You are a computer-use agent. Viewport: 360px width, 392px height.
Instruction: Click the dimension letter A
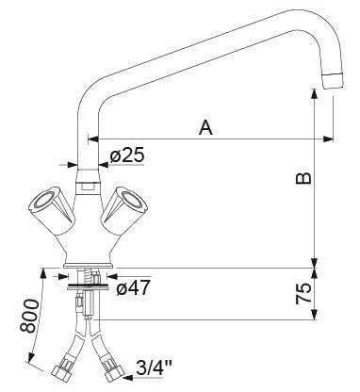click(x=205, y=127)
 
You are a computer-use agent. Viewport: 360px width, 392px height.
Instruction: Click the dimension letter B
click(x=303, y=178)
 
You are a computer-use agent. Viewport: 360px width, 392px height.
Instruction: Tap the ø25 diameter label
click(x=127, y=155)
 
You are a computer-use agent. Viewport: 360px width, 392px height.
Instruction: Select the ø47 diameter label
click(x=133, y=287)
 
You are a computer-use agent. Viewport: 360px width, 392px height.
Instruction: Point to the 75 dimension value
click(x=303, y=293)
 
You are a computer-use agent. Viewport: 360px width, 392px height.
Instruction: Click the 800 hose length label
click(x=29, y=316)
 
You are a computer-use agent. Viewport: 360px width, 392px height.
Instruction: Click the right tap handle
click(x=124, y=209)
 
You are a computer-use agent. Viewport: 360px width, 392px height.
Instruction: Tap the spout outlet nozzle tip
click(x=333, y=80)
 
